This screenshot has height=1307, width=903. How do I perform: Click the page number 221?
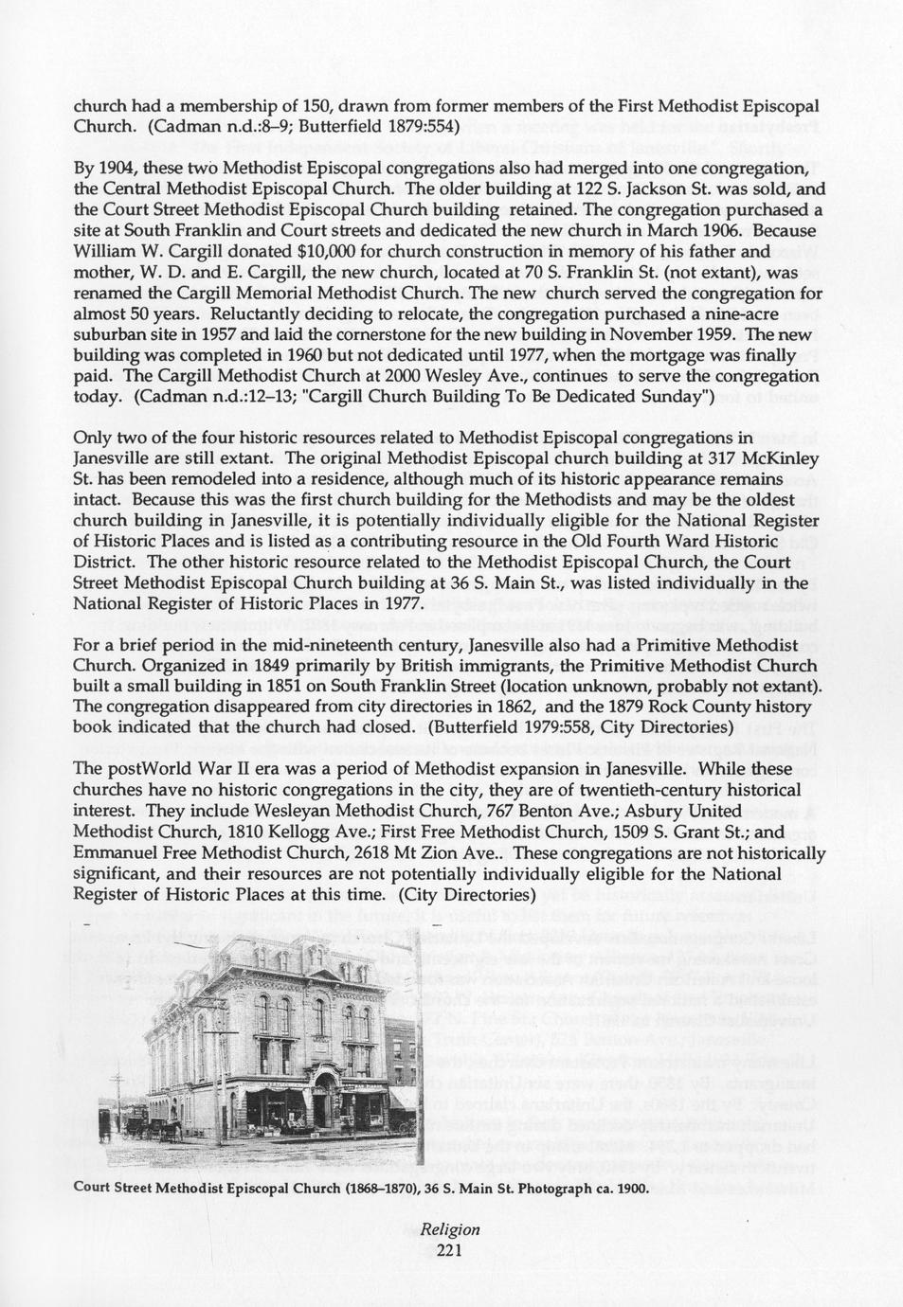point(450,1250)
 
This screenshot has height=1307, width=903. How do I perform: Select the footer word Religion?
point(450,1229)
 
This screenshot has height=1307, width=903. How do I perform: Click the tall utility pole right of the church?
point(418,1042)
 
